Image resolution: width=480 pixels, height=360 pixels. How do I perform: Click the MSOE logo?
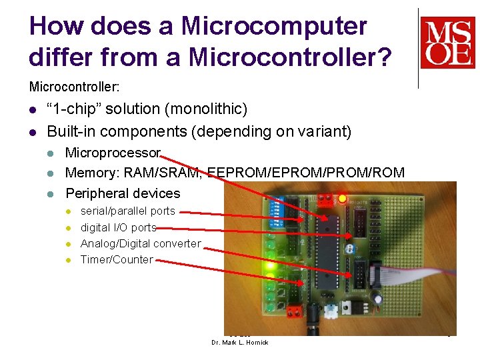(447, 43)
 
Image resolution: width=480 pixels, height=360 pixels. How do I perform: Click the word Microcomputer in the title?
(274, 27)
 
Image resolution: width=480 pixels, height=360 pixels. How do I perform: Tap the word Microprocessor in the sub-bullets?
(113, 153)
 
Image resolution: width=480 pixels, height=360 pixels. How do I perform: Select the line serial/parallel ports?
(127, 211)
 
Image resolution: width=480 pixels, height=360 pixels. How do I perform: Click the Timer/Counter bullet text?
(117, 259)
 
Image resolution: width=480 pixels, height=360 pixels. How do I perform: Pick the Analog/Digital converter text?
(140, 243)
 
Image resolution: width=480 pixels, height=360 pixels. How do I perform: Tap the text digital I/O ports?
(118, 227)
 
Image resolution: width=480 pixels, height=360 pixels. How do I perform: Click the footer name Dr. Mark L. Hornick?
(239, 343)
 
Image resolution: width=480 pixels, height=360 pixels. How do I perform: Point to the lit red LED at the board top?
(343, 198)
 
